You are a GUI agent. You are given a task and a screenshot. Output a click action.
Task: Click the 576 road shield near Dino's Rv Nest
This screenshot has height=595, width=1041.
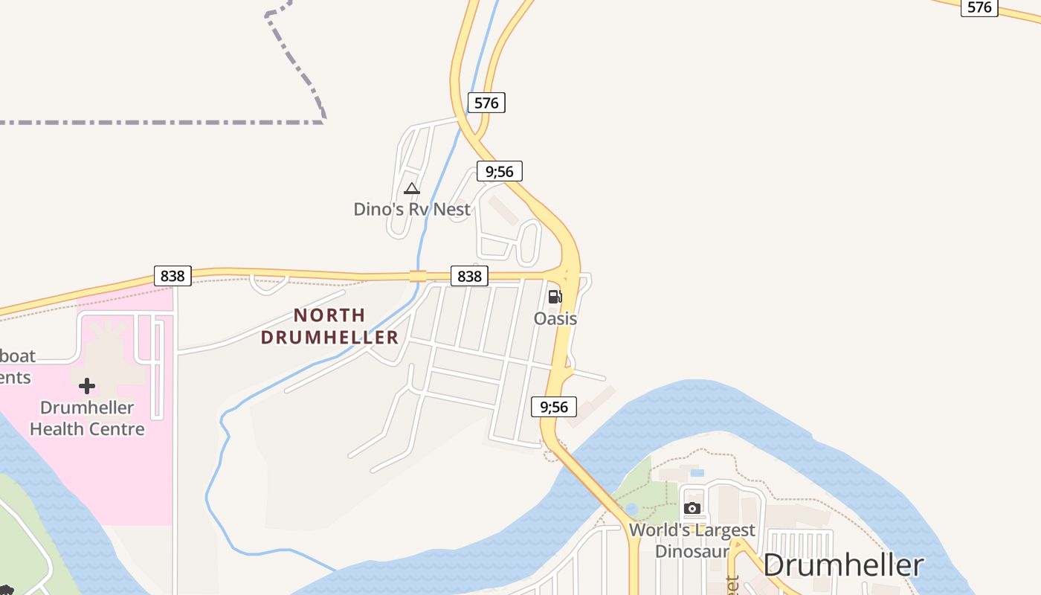coord(486,103)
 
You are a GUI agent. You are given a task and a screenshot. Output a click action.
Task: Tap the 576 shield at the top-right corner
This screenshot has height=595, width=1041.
coord(979,7)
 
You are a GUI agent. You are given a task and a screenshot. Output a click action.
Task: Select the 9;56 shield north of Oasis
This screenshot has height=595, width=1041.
coord(500,171)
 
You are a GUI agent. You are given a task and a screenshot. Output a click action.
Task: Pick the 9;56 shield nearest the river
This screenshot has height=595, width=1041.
coord(554,406)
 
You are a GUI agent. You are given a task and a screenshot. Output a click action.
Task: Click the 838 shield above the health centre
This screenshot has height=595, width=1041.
coord(173,276)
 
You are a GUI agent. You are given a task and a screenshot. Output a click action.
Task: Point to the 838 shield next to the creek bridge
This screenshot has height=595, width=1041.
coord(469,276)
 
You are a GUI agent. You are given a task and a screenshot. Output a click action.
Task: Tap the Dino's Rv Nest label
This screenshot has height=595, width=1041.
coord(412,209)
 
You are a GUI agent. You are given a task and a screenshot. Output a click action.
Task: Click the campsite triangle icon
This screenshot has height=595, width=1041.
coord(412,189)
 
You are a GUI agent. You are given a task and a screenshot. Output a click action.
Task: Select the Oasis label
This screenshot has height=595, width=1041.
coord(555,318)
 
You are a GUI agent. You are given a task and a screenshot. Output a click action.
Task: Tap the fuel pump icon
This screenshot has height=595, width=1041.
coord(555,297)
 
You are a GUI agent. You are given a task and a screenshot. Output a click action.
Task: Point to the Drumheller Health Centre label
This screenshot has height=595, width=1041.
coord(87,418)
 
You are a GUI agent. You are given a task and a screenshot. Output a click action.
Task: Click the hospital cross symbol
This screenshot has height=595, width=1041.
coord(87,385)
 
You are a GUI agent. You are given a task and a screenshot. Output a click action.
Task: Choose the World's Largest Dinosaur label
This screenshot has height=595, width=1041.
coord(692,541)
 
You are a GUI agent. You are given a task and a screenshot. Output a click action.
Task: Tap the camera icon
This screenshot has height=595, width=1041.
coord(692,508)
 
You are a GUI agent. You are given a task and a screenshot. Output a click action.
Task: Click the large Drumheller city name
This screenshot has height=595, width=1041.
coord(843,565)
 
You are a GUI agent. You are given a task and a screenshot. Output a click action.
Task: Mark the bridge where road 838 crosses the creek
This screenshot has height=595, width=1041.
coord(418,276)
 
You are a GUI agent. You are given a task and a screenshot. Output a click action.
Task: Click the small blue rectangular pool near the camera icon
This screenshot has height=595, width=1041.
coord(697,472)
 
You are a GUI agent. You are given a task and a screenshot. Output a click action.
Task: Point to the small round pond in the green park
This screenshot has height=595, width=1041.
coord(631,509)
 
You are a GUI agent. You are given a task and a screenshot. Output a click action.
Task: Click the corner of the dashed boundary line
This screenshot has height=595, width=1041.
coord(324,121)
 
